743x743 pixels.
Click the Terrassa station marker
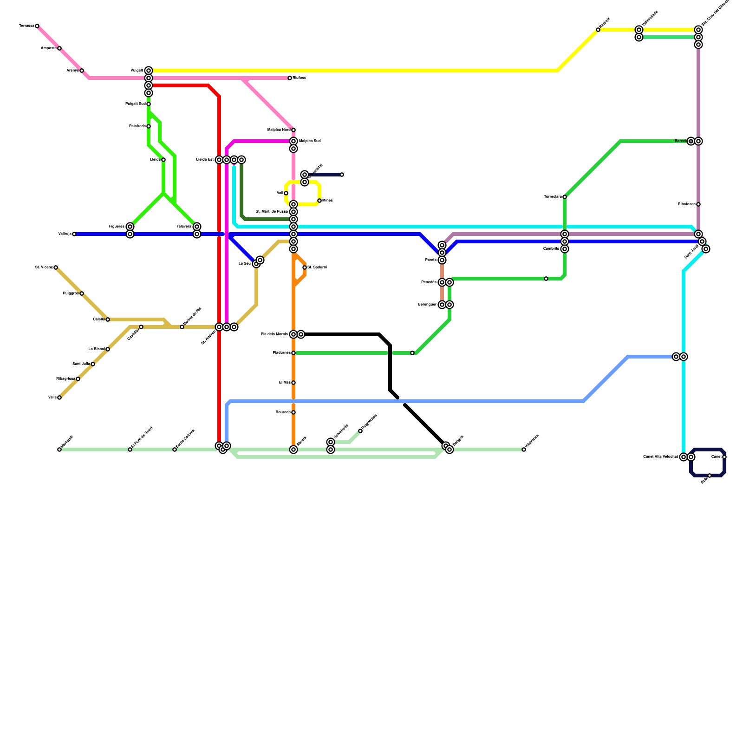(37, 26)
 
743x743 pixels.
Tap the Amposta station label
(48, 48)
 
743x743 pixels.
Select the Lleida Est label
(205, 160)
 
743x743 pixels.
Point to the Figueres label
(117, 227)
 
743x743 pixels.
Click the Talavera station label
(184, 227)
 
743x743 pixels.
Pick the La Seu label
(244, 264)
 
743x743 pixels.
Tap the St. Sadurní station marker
(305, 267)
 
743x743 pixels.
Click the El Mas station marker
(293, 383)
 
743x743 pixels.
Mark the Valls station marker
(59, 398)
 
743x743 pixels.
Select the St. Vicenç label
(44, 267)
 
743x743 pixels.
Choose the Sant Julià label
(81, 364)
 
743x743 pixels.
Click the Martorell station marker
(59, 450)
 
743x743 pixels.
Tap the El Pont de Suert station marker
(130, 450)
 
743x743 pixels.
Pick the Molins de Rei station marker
(182, 327)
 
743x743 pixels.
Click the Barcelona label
(681, 141)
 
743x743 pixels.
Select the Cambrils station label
(551, 249)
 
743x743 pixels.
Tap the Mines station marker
(319, 201)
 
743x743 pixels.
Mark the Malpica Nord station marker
(293, 130)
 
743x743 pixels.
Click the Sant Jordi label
(691, 252)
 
